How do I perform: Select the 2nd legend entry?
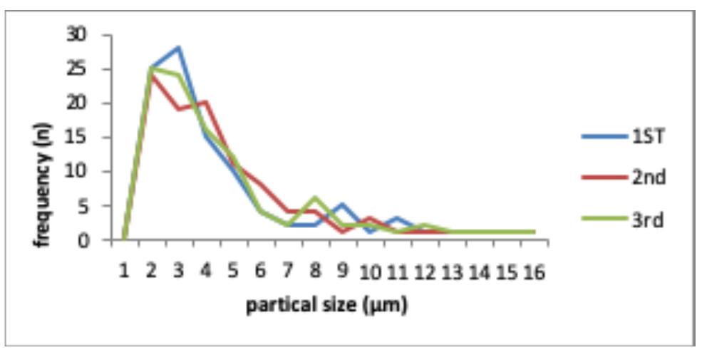point(648,178)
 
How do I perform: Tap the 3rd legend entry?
point(647,220)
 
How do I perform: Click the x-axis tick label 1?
point(124,272)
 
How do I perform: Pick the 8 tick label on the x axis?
point(315,272)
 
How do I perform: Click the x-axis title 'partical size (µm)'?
point(326,306)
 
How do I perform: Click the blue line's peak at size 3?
point(178,48)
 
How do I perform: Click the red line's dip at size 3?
point(178,109)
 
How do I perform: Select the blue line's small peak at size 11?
point(398,218)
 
